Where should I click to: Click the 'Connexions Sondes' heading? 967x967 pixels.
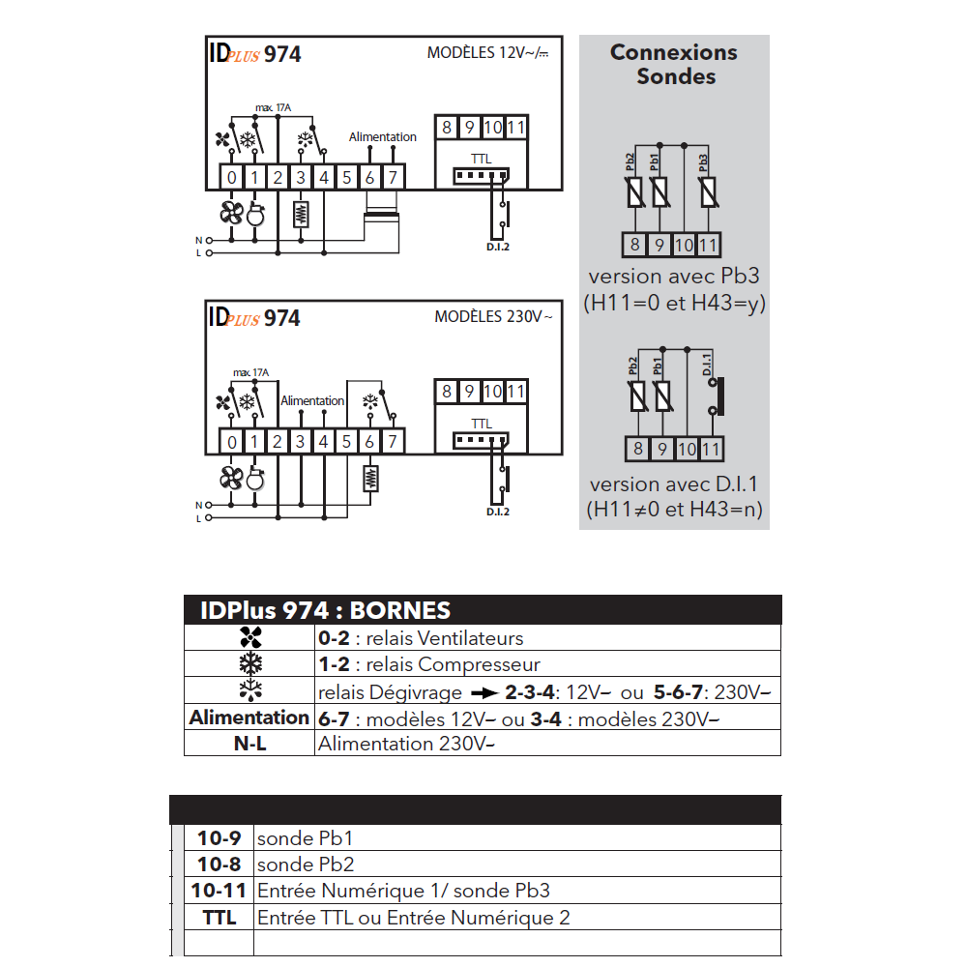(674, 64)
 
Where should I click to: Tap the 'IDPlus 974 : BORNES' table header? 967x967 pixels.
(325, 610)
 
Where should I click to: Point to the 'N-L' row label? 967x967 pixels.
(250, 744)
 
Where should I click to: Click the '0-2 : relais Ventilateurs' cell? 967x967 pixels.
(421, 638)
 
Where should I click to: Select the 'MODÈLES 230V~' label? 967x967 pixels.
(493, 316)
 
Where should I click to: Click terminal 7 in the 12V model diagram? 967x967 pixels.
(393, 178)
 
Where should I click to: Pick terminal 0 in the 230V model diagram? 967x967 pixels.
(231, 442)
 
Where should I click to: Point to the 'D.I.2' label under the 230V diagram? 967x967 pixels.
(498, 512)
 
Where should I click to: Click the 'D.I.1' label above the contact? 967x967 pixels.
(707, 364)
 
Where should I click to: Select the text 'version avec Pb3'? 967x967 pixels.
(674, 277)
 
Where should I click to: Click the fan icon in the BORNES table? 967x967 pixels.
(250, 638)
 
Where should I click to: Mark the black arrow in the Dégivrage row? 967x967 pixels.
(482, 691)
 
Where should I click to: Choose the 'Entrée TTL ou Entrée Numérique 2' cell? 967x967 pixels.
(413, 917)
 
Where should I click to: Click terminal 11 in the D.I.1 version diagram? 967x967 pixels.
(711, 450)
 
